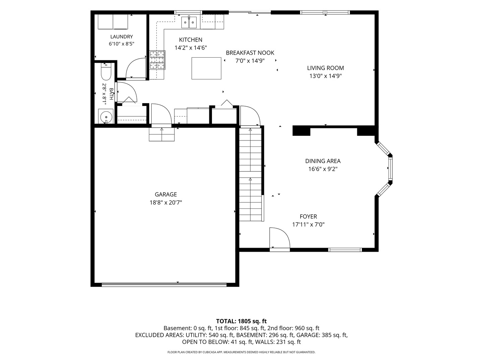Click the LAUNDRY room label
(121, 37)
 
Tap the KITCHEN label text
(191, 40)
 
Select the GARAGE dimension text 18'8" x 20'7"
(166, 202)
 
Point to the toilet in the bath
(106, 72)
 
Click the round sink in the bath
(106, 117)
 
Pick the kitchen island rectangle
(206, 68)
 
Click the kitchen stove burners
(157, 60)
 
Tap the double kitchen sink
(189, 22)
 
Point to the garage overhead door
(164, 285)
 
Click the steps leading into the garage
(162, 134)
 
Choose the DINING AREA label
(323, 161)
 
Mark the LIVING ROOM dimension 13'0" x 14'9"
(325, 76)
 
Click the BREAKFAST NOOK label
(250, 53)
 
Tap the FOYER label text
(308, 217)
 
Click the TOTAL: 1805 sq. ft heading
(241, 321)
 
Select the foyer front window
(345, 250)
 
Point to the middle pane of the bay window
(390, 168)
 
